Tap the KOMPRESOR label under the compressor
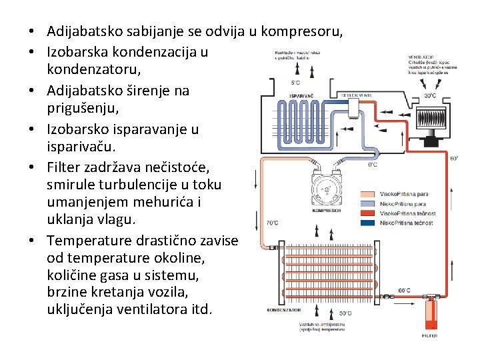pos(326,210)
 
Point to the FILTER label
pos(430,335)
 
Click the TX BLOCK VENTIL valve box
pos(357,95)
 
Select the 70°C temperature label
pos(272,223)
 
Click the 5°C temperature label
pos(295,83)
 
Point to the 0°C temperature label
pos(373,164)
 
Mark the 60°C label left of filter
pos(404,290)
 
